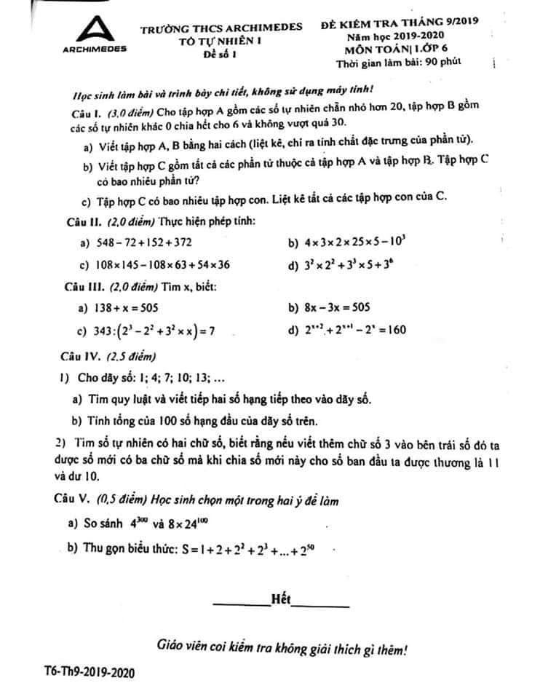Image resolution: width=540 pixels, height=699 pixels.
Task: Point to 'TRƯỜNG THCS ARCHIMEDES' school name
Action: pos(221,28)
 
